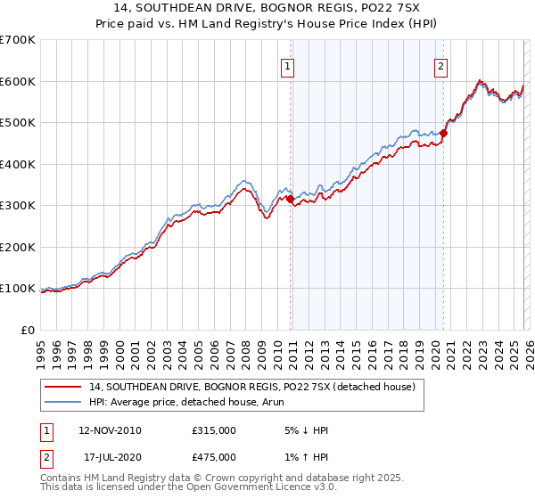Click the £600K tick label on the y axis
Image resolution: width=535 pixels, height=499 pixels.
tap(18, 81)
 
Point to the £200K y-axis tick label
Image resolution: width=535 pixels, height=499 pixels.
tap(18, 247)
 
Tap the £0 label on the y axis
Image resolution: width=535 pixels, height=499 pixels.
tap(27, 330)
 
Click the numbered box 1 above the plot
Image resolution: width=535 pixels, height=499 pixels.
tap(289, 64)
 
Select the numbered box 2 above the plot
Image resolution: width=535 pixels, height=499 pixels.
tap(441, 64)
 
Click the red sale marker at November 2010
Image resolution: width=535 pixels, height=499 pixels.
tap(291, 200)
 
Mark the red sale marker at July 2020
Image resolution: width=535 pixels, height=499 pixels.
tap(443, 133)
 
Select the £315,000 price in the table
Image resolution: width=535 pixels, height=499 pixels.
tap(214, 430)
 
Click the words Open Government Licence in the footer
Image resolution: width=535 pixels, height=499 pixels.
tap(235, 487)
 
